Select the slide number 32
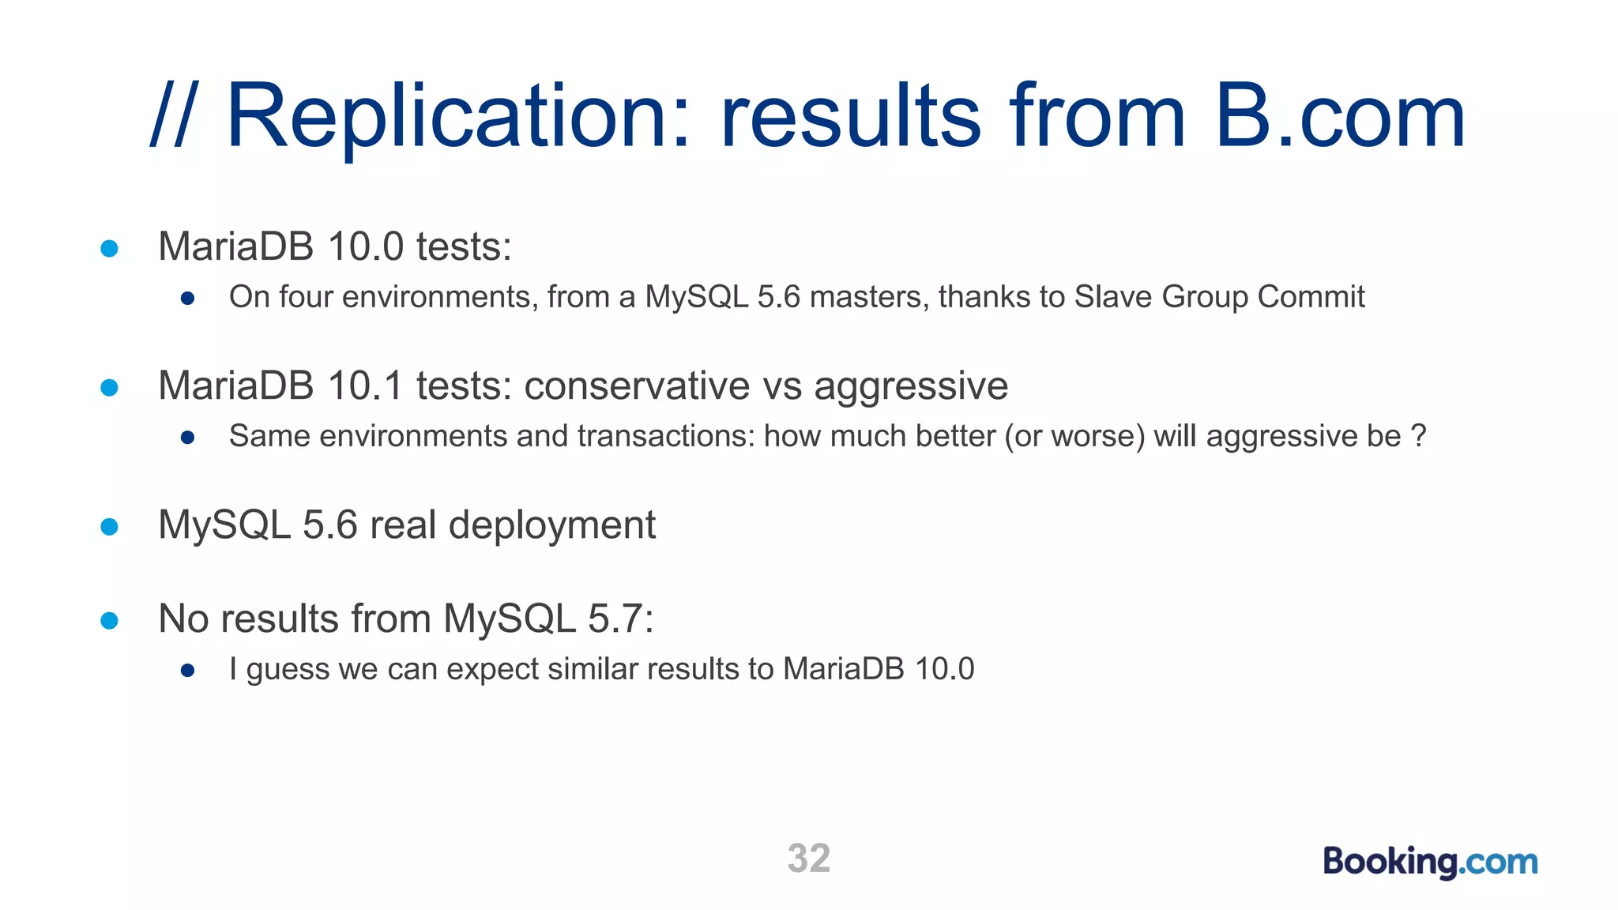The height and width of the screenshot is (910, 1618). (809, 859)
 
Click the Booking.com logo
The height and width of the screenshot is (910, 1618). (1430, 861)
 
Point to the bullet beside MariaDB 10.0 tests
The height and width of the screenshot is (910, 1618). (110, 249)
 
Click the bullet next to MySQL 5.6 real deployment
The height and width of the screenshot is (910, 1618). (110, 527)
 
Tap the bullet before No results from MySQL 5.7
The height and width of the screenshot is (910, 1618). (110, 621)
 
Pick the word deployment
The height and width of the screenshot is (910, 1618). (551, 525)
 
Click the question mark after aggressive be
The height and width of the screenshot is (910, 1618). (1418, 436)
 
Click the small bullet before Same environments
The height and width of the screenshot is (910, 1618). (187, 438)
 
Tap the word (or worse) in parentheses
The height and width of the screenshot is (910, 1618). (1074, 436)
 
